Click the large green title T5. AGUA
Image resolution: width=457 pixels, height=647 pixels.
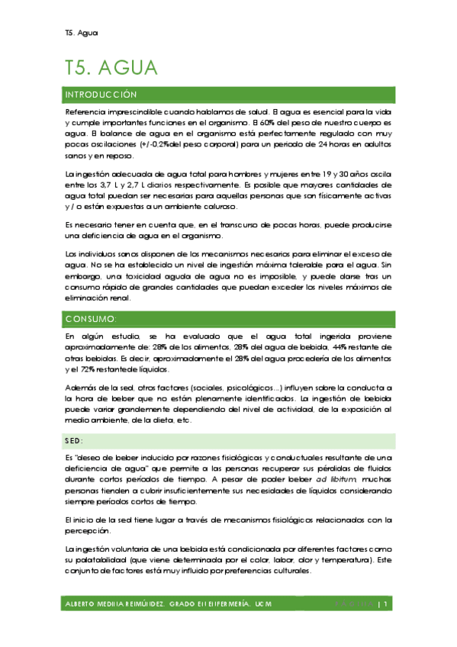111,68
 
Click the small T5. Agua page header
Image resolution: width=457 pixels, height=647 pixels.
82,32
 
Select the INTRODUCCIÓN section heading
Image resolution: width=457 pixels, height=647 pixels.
101,95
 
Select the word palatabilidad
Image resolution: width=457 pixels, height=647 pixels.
102,558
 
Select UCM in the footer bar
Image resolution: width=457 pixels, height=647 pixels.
262,604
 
